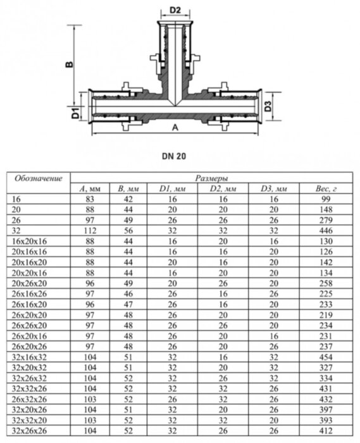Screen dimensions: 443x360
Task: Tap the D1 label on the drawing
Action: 75,115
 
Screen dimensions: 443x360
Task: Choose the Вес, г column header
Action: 325,188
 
